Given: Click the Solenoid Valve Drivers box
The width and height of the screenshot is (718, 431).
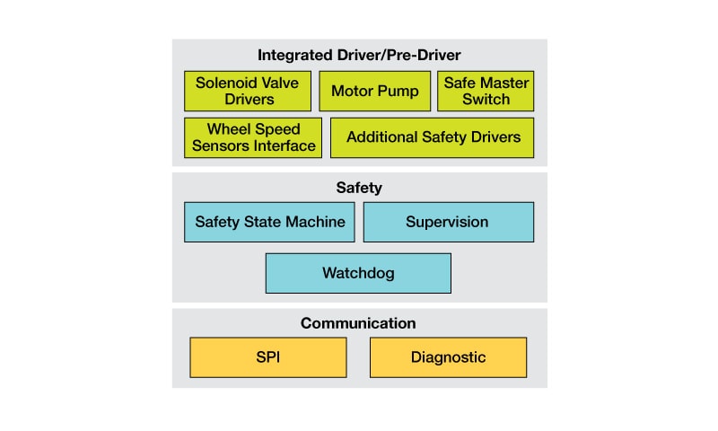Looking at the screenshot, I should [249, 91].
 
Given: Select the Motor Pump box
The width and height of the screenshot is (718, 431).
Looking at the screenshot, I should [375, 91].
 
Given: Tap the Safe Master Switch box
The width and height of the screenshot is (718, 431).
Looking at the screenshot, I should [486, 91].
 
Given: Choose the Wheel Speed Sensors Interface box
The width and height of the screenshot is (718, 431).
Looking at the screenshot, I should [253, 137].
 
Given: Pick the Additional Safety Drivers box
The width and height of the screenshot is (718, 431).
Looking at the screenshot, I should [433, 137].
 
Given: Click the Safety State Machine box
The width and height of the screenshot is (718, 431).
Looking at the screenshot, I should [270, 222].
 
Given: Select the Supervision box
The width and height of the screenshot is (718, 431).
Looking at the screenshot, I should [448, 222].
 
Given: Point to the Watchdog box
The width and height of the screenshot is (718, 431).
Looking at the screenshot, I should [358, 273].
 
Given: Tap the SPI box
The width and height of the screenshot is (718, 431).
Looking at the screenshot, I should [268, 357].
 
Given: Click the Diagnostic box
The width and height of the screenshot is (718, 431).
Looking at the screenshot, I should [448, 357].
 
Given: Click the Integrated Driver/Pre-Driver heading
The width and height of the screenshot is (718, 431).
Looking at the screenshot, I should [359, 55].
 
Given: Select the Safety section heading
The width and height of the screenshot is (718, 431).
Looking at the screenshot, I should [359, 188].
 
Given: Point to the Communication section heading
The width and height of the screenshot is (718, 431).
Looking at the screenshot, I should [358, 323].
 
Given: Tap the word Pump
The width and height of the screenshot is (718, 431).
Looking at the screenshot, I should [398, 91].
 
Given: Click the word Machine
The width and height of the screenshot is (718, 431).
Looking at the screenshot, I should [317, 222].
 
